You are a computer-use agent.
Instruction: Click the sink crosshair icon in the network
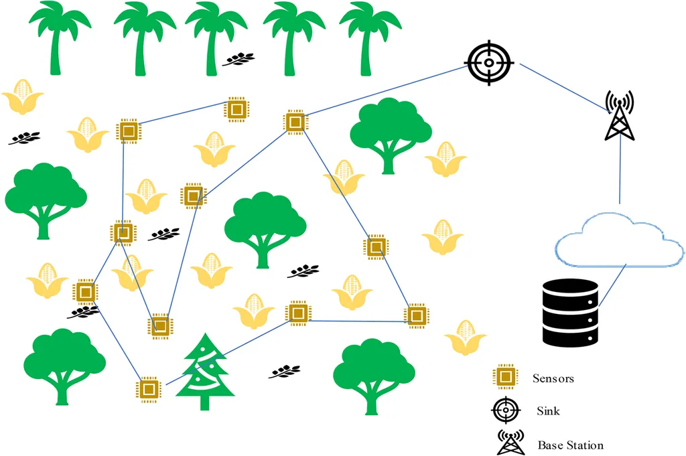[x=489, y=63]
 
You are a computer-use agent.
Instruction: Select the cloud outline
[x=620, y=240]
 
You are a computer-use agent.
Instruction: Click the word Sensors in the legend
[x=553, y=378]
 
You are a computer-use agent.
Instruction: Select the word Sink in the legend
[x=548, y=410]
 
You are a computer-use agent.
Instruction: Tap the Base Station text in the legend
[x=570, y=445]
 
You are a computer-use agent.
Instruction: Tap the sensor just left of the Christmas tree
[x=149, y=388]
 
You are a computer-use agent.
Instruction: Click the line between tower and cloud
[x=620, y=171]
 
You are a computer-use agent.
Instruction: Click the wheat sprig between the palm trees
[x=238, y=60]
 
